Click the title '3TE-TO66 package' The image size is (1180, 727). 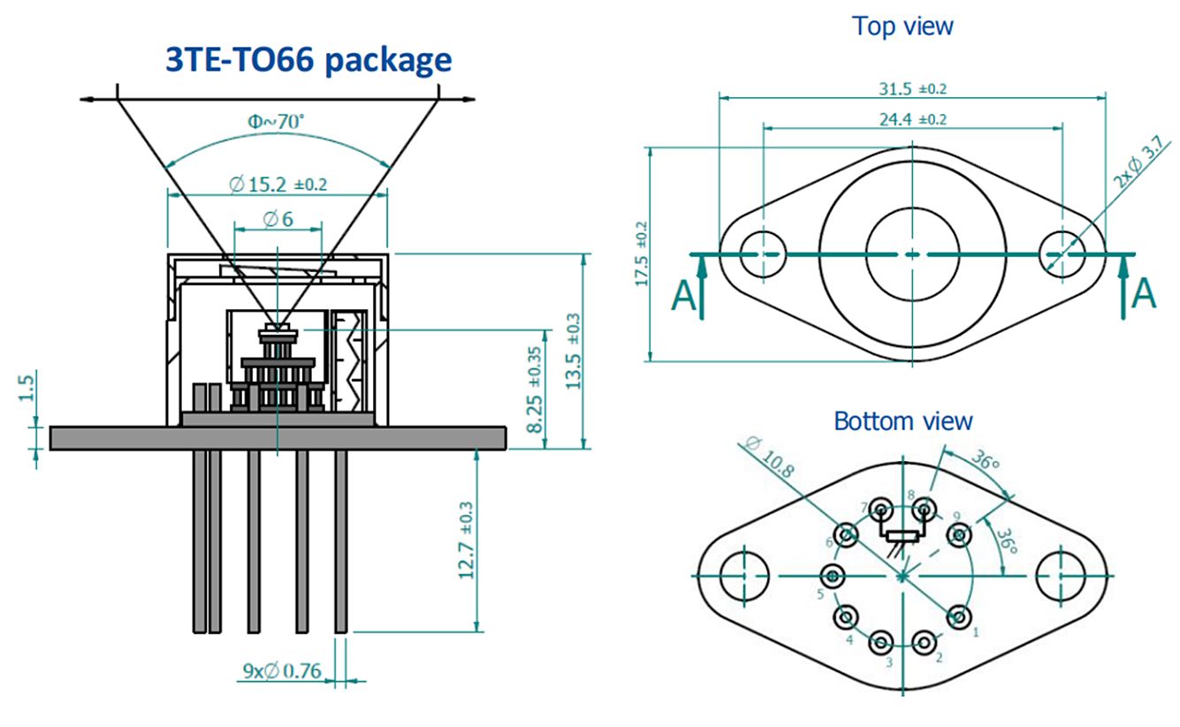(x=308, y=60)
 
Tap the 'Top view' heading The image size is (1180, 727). (x=902, y=26)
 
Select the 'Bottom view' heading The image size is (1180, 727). (x=902, y=420)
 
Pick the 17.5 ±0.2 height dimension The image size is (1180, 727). (x=642, y=254)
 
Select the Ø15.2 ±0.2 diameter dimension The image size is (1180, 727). (x=277, y=185)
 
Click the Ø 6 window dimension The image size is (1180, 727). (x=277, y=218)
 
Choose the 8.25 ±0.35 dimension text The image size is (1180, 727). (x=536, y=389)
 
